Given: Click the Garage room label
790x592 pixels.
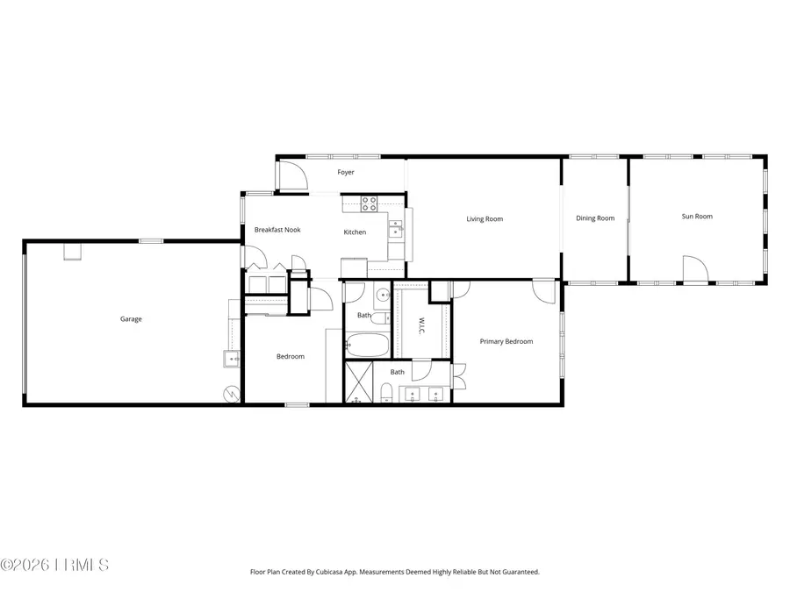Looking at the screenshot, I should coord(131,319).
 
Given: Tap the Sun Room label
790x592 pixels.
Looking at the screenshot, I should coord(697,217).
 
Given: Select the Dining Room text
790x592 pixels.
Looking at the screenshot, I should coord(595,218).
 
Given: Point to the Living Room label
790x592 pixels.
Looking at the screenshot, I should coord(485,219).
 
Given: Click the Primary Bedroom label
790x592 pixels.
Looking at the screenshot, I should coord(506,342).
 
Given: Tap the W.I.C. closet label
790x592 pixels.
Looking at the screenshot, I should coord(421,325).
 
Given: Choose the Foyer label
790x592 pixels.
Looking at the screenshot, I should coord(346,173).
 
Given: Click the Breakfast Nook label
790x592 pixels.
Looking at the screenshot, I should coord(277,230).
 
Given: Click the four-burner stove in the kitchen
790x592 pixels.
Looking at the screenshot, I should coord(370,204).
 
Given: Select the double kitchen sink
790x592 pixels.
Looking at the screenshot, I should coord(395,230).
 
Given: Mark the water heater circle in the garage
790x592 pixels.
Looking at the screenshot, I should coord(233,394).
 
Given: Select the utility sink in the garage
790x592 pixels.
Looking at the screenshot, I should coord(232,358).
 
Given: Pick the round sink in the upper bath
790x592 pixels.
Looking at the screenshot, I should coord(384,296).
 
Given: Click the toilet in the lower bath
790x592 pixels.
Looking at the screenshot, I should coord(387,391).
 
